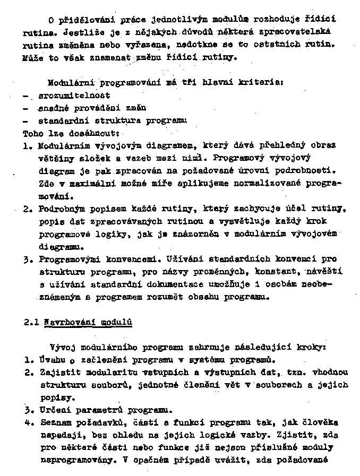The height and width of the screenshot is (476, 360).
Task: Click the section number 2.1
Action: point(30,322)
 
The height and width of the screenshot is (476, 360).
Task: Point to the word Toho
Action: point(33,133)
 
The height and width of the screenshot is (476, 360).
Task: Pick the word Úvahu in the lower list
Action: point(52,360)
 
